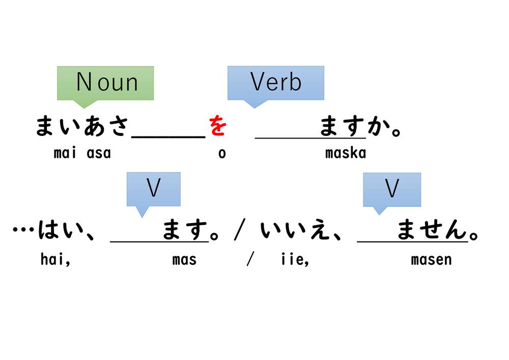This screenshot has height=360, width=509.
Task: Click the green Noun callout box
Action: click(x=105, y=82)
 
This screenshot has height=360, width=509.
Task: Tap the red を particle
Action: click(x=217, y=126)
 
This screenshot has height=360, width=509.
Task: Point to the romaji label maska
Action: click(x=345, y=153)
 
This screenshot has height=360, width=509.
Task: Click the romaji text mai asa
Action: click(x=82, y=153)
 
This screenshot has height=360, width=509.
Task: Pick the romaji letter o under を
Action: click(x=222, y=153)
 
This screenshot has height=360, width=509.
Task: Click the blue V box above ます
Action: click(x=153, y=189)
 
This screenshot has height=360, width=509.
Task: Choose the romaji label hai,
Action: click(x=55, y=260)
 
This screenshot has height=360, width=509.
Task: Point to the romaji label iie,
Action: click(x=295, y=260)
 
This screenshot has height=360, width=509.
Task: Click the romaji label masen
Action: click(x=431, y=260)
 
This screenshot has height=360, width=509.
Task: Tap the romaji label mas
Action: click(x=184, y=260)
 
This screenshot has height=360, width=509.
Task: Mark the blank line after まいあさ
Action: click(x=168, y=135)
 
